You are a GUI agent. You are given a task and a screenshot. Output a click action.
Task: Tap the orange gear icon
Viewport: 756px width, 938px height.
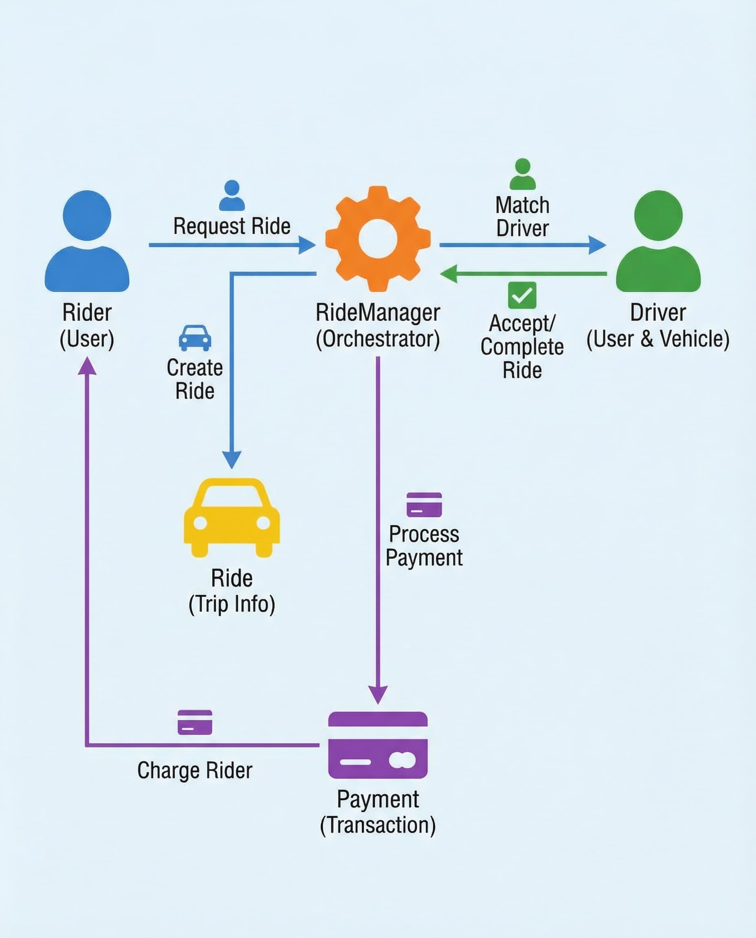tap(378, 239)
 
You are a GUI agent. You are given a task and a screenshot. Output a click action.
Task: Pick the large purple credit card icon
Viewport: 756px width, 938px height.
tap(378, 745)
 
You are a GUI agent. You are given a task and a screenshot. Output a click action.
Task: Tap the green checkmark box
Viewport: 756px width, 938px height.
tap(522, 295)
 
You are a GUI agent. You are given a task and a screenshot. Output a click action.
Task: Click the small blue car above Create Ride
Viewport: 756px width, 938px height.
tap(195, 338)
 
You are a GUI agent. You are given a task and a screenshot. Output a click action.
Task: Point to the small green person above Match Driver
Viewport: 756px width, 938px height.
tap(522, 174)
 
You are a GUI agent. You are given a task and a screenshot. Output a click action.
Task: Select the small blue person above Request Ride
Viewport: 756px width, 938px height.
tap(232, 195)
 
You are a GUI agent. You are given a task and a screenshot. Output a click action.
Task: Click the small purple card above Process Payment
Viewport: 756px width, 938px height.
tap(424, 504)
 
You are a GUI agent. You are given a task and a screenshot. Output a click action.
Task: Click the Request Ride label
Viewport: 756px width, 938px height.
tap(232, 226)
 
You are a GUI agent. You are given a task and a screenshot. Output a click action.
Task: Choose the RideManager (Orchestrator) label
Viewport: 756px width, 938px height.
tap(378, 326)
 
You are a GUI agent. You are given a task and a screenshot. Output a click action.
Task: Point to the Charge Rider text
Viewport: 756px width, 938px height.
tap(195, 770)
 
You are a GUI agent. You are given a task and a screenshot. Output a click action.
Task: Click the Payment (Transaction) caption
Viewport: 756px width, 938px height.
tap(378, 812)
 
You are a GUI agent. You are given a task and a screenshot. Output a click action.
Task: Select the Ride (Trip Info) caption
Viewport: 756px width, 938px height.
tap(232, 591)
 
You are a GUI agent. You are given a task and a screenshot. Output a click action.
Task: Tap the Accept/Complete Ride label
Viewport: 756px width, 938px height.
tap(522, 347)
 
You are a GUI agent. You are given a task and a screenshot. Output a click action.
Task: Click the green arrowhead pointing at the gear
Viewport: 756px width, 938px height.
tap(448, 274)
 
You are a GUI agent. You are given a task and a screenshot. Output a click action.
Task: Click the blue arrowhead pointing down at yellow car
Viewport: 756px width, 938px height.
tap(232, 459)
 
